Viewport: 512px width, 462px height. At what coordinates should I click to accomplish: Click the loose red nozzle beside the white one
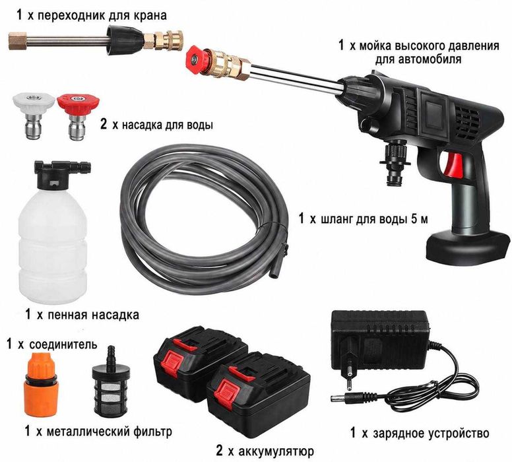tap(78, 116)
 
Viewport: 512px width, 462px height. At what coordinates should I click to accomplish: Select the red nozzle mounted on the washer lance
tap(196, 60)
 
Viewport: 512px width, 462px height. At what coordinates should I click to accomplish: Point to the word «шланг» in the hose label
tap(335, 219)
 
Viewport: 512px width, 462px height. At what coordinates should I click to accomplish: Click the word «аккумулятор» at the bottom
tap(276, 451)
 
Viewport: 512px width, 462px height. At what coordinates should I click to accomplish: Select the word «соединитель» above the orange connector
tap(63, 345)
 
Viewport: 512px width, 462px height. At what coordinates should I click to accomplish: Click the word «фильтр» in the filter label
tap(152, 432)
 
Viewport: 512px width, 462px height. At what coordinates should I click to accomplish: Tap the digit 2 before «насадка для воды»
tap(104, 124)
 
